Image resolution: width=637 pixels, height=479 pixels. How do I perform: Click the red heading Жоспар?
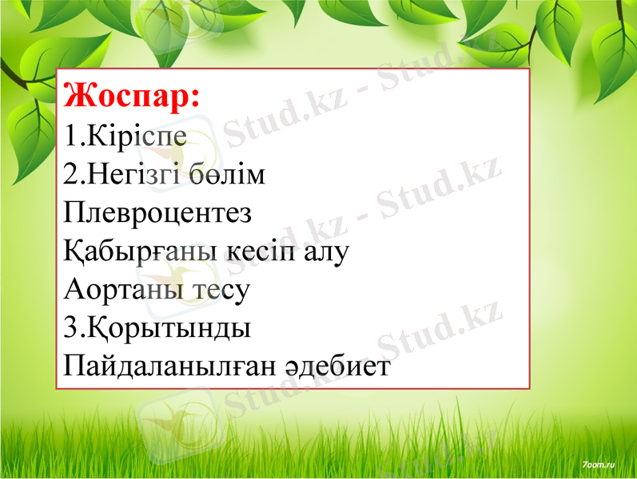pos(131,97)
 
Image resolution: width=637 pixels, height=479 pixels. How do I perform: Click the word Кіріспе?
pos(137,136)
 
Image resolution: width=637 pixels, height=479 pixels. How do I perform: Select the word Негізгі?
pos(141,175)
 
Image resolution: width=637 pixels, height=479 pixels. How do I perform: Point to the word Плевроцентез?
pos(157,213)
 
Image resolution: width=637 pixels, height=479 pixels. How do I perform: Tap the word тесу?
pos(221,291)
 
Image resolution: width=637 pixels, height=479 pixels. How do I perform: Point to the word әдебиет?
pos(336,366)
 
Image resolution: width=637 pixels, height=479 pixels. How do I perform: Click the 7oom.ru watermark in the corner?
pos(599,463)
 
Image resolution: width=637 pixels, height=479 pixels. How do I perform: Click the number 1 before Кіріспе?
pos(70,136)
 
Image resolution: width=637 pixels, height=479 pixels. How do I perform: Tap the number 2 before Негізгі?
pos(70,175)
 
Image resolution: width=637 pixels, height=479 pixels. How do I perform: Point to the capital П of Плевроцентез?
pos(74,213)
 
